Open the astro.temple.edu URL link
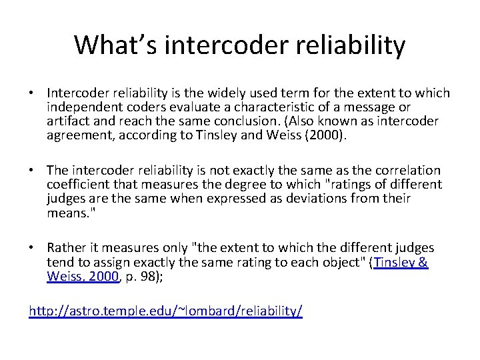165,311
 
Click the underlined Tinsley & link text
401,263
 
